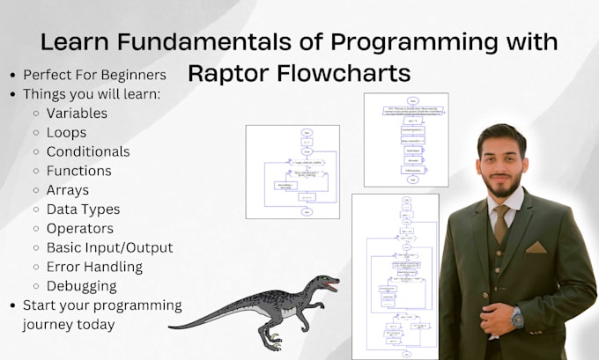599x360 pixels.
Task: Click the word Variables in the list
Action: click(x=77, y=113)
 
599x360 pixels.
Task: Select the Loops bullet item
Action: click(x=67, y=132)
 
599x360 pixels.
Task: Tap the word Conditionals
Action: click(x=88, y=151)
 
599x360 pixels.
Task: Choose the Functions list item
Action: click(x=78, y=171)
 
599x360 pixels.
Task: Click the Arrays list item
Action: click(x=67, y=190)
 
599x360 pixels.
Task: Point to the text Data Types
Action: click(x=83, y=209)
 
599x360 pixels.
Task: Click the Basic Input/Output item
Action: click(x=109, y=247)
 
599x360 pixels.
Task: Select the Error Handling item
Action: click(x=94, y=267)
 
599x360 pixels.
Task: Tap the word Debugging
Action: click(x=82, y=286)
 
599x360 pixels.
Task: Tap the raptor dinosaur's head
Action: click(x=325, y=284)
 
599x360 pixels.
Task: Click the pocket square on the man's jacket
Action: click(x=536, y=247)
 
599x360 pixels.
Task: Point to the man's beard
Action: click(x=499, y=186)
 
